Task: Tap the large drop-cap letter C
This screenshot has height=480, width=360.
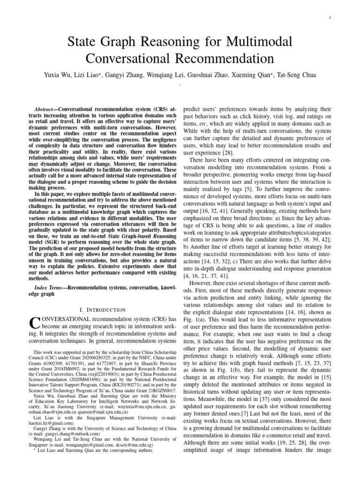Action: [x=34, y=324]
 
